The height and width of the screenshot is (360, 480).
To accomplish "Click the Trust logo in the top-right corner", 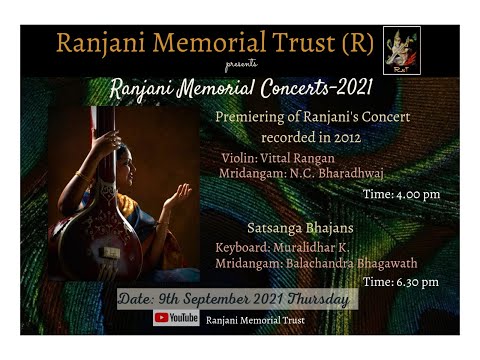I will [x=401, y=45].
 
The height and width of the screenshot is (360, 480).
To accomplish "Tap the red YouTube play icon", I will [x=161, y=318].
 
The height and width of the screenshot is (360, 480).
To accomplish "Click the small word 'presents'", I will [x=241, y=63].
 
